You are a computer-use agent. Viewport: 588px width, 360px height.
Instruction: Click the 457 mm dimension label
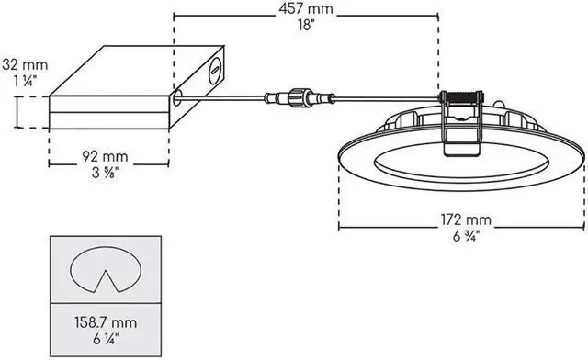pos(305,11)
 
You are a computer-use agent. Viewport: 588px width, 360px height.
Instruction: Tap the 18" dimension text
pos(305,27)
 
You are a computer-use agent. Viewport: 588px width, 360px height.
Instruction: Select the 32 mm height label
pos(26,65)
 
